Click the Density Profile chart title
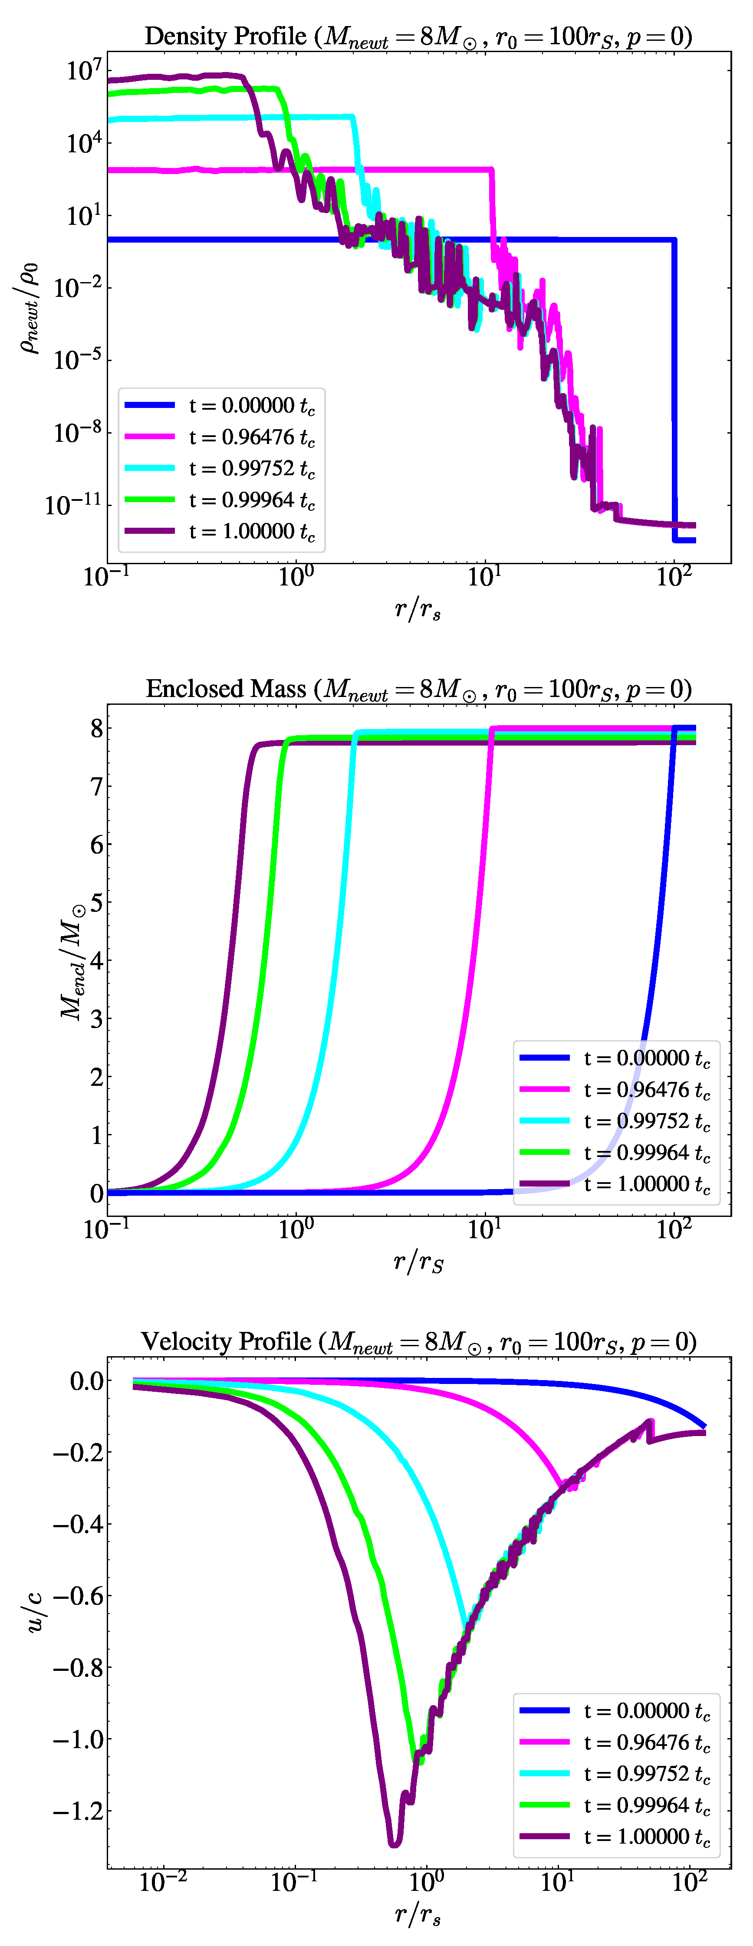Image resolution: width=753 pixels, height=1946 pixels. point(418,36)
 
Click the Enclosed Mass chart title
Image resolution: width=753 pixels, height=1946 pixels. point(418,689)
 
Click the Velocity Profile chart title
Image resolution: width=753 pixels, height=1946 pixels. point(418,1341)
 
